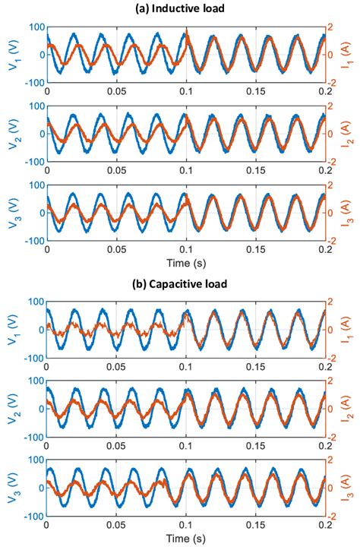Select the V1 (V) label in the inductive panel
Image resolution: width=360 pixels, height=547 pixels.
pos(14,52)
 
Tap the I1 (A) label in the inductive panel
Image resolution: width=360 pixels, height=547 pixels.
pos(349,52)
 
